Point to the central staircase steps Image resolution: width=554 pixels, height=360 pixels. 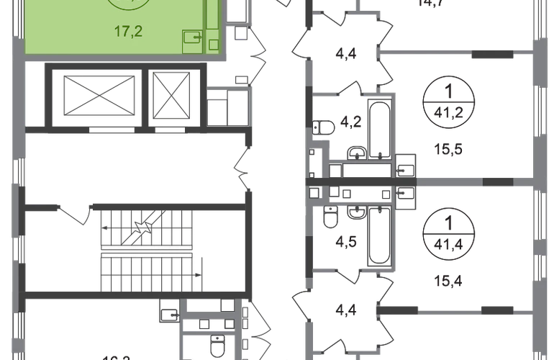147,249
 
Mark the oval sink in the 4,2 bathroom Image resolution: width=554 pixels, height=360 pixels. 355,152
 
